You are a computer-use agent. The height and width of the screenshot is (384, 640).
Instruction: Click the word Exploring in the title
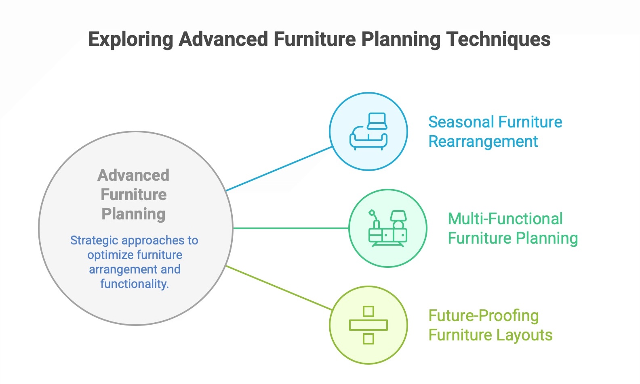click(x=131, y=40)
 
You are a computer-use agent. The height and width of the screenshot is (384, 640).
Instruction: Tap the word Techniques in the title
click(x=498, y=40)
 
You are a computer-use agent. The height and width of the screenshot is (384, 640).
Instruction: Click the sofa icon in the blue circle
click(x=368, y=132)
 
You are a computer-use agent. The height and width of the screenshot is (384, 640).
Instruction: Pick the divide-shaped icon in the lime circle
click(x=368, y=325)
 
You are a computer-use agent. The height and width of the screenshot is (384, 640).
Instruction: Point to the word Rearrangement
click(x=483, y=142)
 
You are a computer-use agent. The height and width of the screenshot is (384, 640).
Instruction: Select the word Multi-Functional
click(x=505, y=219)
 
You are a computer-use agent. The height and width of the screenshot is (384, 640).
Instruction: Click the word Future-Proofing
click(x=483, y=316)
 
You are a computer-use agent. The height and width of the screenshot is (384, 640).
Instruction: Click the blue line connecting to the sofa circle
click(x=279, y=169)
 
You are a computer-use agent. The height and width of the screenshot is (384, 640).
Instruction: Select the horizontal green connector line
click(x=291, y=228)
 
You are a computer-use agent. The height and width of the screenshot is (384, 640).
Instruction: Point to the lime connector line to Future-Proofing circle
click(x=279, y=288)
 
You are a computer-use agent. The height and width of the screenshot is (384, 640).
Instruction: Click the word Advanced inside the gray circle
click(x=133, y=175)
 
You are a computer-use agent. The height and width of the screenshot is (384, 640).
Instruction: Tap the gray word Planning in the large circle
click(x=133, y=214)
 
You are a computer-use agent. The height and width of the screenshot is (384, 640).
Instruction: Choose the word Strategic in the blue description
click(x=95, y=240)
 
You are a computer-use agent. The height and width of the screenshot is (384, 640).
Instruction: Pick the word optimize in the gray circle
click(x=107, y=255)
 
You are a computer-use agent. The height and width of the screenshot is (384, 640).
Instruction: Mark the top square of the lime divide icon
click(x=368, y=311)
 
